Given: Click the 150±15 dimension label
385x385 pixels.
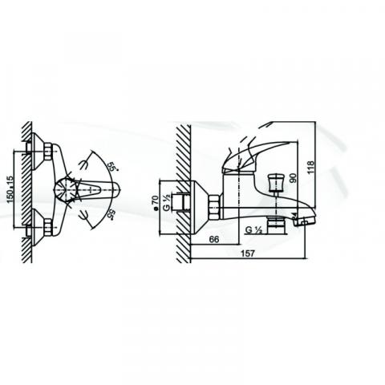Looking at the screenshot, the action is click(x=10, y=189).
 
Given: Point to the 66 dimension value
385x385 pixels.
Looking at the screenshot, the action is click(x=214, y=239).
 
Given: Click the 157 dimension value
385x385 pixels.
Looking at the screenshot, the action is click(x=248, y=253).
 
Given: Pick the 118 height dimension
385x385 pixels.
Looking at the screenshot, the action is click(x=310, y=167).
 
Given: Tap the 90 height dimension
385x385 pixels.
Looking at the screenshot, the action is click(x=294, y=178).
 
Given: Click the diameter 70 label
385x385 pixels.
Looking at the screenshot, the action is click(x=155, y=202).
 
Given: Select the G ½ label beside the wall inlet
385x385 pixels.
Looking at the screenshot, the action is click(x=167, y=204).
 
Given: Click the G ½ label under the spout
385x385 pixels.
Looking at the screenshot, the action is click(x=253, y=230).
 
